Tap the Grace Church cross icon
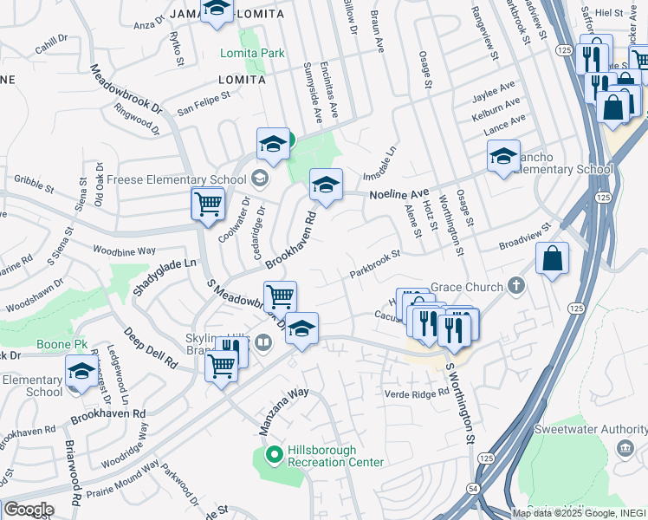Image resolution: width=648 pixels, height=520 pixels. point(516,285)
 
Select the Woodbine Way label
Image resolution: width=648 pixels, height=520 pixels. point(125,250)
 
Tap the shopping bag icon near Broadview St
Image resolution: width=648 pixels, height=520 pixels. point(552,258)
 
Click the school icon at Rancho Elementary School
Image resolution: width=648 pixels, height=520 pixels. point(503,157)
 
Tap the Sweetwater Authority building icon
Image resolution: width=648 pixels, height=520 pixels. point(624,448)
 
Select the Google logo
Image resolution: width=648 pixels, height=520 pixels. point(28,509)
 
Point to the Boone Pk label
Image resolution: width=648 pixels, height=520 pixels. point(62,344)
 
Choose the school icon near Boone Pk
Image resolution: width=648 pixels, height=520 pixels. point(81,371)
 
